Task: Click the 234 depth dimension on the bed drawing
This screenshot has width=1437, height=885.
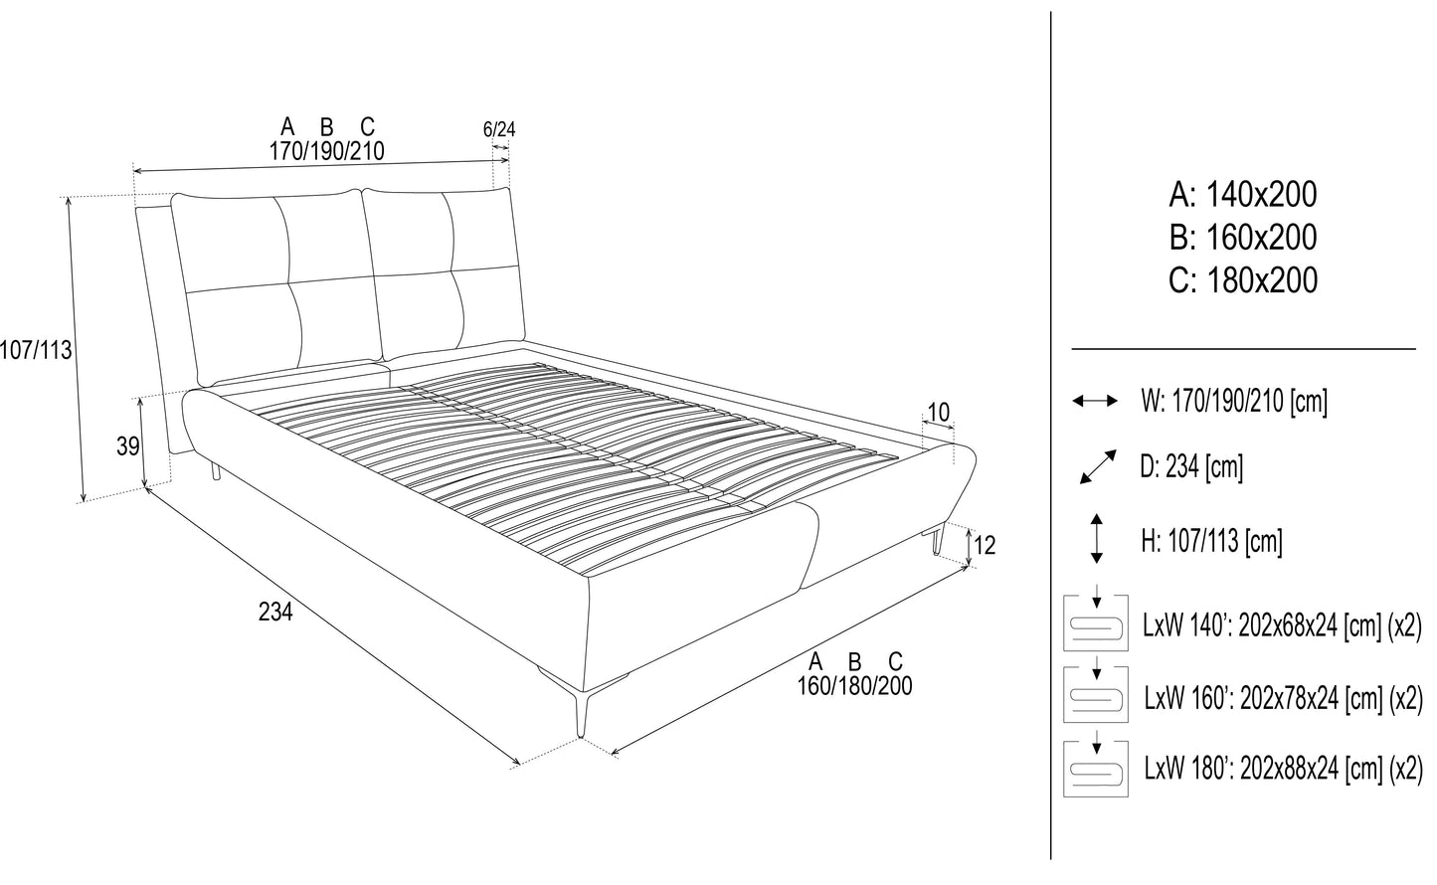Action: coord(275,614)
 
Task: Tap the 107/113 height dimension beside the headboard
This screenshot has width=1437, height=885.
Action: coord(37,350)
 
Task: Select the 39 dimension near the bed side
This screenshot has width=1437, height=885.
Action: coord(127,447)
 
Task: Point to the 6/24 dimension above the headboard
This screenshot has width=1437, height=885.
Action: coord(499,130)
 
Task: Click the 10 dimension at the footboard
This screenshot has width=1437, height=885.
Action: coord(938,413)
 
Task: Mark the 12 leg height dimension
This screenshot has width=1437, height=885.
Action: coord(985,545)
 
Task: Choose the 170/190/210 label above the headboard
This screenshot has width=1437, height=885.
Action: coord(326,152)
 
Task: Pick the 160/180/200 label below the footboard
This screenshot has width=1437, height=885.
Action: coord(854,686)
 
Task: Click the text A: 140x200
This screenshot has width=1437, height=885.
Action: coord(1243,194)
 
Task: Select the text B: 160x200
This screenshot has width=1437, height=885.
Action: coord(1243,238)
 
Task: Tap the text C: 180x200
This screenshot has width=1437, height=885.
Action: coord(1243,280)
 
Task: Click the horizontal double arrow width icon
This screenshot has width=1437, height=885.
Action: coord(1095,401)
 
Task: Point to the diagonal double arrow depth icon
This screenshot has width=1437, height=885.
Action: coord(1096,466)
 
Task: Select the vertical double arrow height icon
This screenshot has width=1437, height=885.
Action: coord(1096,540)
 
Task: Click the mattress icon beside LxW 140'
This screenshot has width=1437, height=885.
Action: coord(1096,623)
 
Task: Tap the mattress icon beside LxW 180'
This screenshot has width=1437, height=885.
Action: coord(1096,768)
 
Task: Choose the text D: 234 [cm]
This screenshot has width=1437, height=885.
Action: coord(1191,466)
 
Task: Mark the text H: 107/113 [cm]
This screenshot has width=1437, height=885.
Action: coord(1210,541)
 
